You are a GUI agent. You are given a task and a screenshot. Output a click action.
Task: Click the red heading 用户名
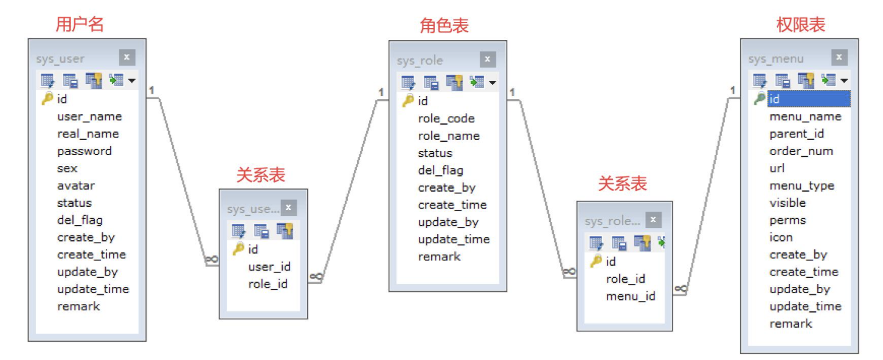(x=80, y=24)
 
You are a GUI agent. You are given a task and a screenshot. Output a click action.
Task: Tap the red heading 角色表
(x=445, y=26)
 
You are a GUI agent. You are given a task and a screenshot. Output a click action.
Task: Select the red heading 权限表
(x=801, y=25)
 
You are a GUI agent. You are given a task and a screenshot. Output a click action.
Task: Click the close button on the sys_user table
(x=126, y=57)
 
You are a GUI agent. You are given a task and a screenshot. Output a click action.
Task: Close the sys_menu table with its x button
(x=839, y=57)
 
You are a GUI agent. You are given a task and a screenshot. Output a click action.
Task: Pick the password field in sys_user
(x=85, y=151)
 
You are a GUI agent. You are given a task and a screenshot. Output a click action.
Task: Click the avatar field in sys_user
(x=76, y=185)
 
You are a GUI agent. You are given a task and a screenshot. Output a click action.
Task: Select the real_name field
(x=88, y=134)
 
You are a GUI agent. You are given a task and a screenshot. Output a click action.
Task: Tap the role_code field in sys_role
(x=446, y=119)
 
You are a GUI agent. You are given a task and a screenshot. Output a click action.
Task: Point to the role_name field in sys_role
(x=448, y=136)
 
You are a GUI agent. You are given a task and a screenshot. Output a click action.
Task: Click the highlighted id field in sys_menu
(x=808, y=99)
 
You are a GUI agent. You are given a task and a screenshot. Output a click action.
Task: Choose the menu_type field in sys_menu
(x=802, y=185)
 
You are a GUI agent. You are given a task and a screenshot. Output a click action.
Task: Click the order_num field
(x=801, y=151)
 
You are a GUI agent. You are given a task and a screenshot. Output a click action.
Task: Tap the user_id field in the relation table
(x=269, y=266)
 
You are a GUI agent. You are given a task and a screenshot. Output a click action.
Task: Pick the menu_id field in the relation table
(x=630, y=296)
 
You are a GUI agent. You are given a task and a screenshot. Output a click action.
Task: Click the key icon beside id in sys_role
(x=408, y=101)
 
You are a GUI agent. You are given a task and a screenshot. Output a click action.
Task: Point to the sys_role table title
(x=420, y=61)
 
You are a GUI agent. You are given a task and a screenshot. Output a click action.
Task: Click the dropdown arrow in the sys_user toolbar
(x=131, y=80)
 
